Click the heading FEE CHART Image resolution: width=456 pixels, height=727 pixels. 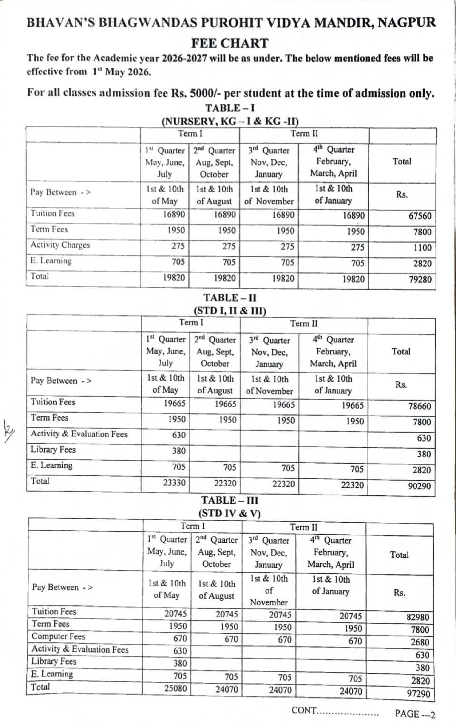[x=230, y=43]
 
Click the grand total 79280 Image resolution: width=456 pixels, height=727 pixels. [x=420, y=279]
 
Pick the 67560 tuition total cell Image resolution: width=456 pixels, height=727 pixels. [x=420, y=216]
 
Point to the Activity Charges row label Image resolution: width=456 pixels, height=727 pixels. [x=60, y=245]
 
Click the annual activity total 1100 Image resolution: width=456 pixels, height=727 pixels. [x=422, y=248]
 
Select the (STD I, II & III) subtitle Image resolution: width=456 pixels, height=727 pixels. [x=230, y=310]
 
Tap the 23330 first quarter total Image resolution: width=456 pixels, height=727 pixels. [x=174, y=483]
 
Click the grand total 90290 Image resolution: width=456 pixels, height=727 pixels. [x=419, y=486]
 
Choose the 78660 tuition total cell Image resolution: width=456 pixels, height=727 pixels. [x=419, y=406]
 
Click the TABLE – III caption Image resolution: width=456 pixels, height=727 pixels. [x=230, y=500]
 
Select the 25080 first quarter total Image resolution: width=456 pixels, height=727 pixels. [x=176, y=688]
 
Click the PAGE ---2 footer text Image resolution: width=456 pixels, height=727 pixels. [x=415, y=714]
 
